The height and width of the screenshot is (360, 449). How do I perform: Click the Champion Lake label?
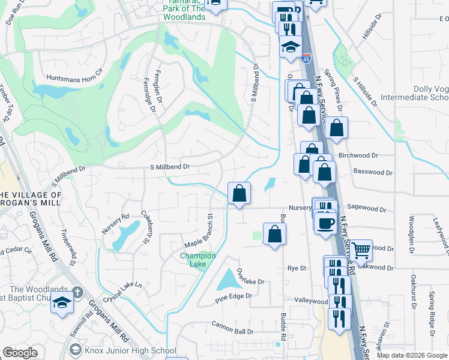pyautogui.click(x=193, y=260)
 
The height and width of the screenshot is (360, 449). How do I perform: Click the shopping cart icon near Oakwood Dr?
pyautogui.click(x=361, y=250)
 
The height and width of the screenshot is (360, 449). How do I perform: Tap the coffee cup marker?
pyautogui.click(x=326, y=223)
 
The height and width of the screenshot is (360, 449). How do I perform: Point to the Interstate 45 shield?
pyautogui.click(x=307, y=58)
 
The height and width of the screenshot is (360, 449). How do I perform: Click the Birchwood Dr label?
pyautogui.click(x=358, y=155)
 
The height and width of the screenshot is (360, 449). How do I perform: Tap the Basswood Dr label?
pyautogui.click(x=373, y=172)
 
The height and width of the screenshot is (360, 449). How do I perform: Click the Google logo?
pyautogui.click(x=20, y=353)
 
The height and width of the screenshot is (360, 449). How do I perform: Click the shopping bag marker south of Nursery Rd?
pyautogui.click(x=274, y=234)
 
